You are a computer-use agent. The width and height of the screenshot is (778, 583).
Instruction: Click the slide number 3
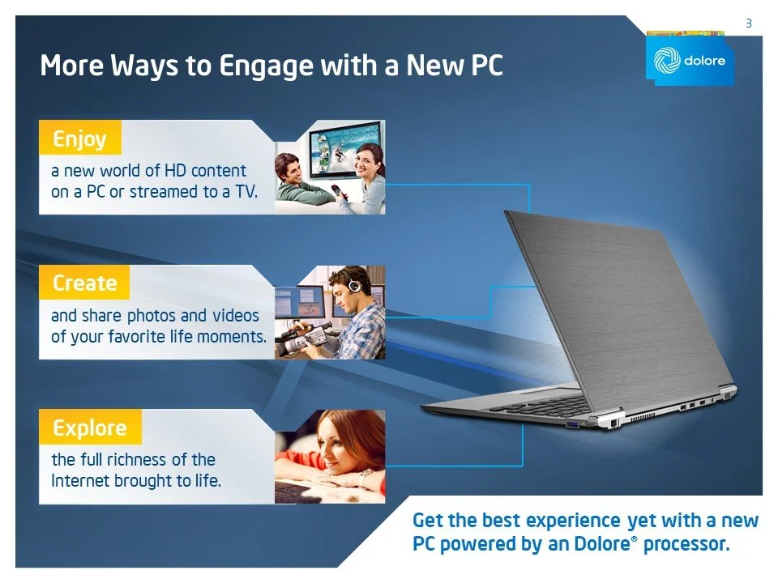pyautogui.click(x=749, y=23)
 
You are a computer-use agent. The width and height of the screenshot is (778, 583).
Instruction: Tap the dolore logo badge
pyautogui.click(x=690, y=61)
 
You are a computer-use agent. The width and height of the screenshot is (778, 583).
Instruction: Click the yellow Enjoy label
pyautogui.click(x=79, y=138)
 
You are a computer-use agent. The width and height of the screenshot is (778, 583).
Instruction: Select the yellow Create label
pyautogui.click(x=84, y=283)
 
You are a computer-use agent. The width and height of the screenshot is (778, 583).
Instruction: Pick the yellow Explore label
pyautogui.click(x=89, y=428)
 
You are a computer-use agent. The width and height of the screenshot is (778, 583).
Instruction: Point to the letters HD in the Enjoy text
pyautogui.click(x=176, y=171)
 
